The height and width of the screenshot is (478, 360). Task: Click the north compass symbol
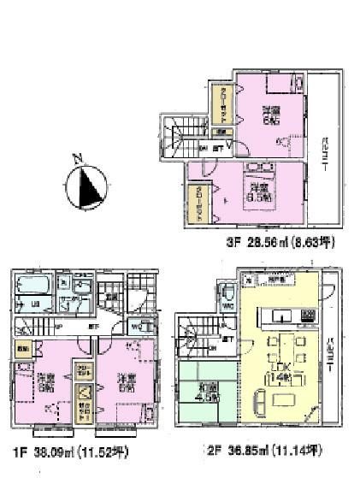click(x=89, y=188)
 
